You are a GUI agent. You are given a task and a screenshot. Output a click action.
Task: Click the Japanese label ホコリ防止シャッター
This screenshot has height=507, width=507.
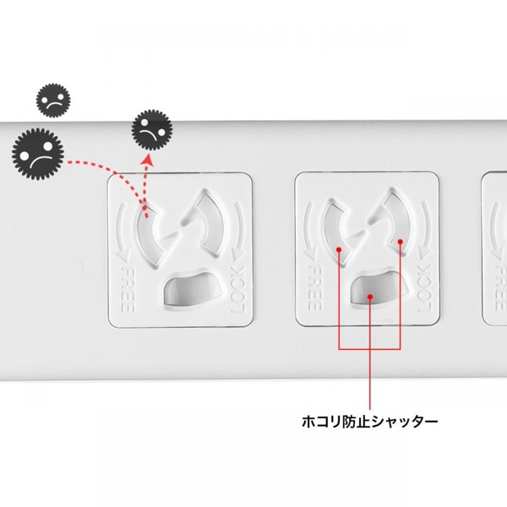click(369, 420)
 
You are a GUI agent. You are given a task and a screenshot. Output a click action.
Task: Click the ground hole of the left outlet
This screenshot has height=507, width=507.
click(186, 292)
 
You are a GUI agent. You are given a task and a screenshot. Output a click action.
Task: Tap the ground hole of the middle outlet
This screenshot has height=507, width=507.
click(370, 292)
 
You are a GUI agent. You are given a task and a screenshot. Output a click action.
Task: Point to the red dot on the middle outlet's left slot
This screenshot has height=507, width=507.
click(339, 250)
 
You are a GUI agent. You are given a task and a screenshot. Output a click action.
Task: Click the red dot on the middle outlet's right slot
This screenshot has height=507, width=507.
click(400, 241)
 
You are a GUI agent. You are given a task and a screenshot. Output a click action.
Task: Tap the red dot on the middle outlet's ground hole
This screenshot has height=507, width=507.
click(370, 297)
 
